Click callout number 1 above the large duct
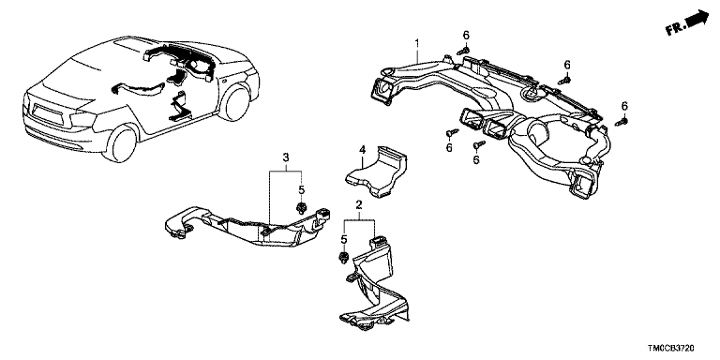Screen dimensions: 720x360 [x=417, y=44]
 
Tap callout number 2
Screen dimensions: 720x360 [x=359, y=204]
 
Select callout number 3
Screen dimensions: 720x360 [x=286, y=157]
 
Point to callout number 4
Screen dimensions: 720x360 [x=362, y=150]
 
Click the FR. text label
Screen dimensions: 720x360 [x=677, y=27]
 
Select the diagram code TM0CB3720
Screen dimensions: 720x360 [x=671, y=349]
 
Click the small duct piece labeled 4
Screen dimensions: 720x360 [x=377, y=171]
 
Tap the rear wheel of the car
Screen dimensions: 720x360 [x=121, y=142]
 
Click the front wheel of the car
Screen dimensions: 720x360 [x=235, y=102]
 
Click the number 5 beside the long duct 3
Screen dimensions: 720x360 [x=301, y=189]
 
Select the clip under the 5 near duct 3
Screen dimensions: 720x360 [x=302, y=208]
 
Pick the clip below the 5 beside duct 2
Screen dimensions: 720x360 [x=342, y=258]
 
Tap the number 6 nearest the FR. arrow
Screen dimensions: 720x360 [x=624, y=106]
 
